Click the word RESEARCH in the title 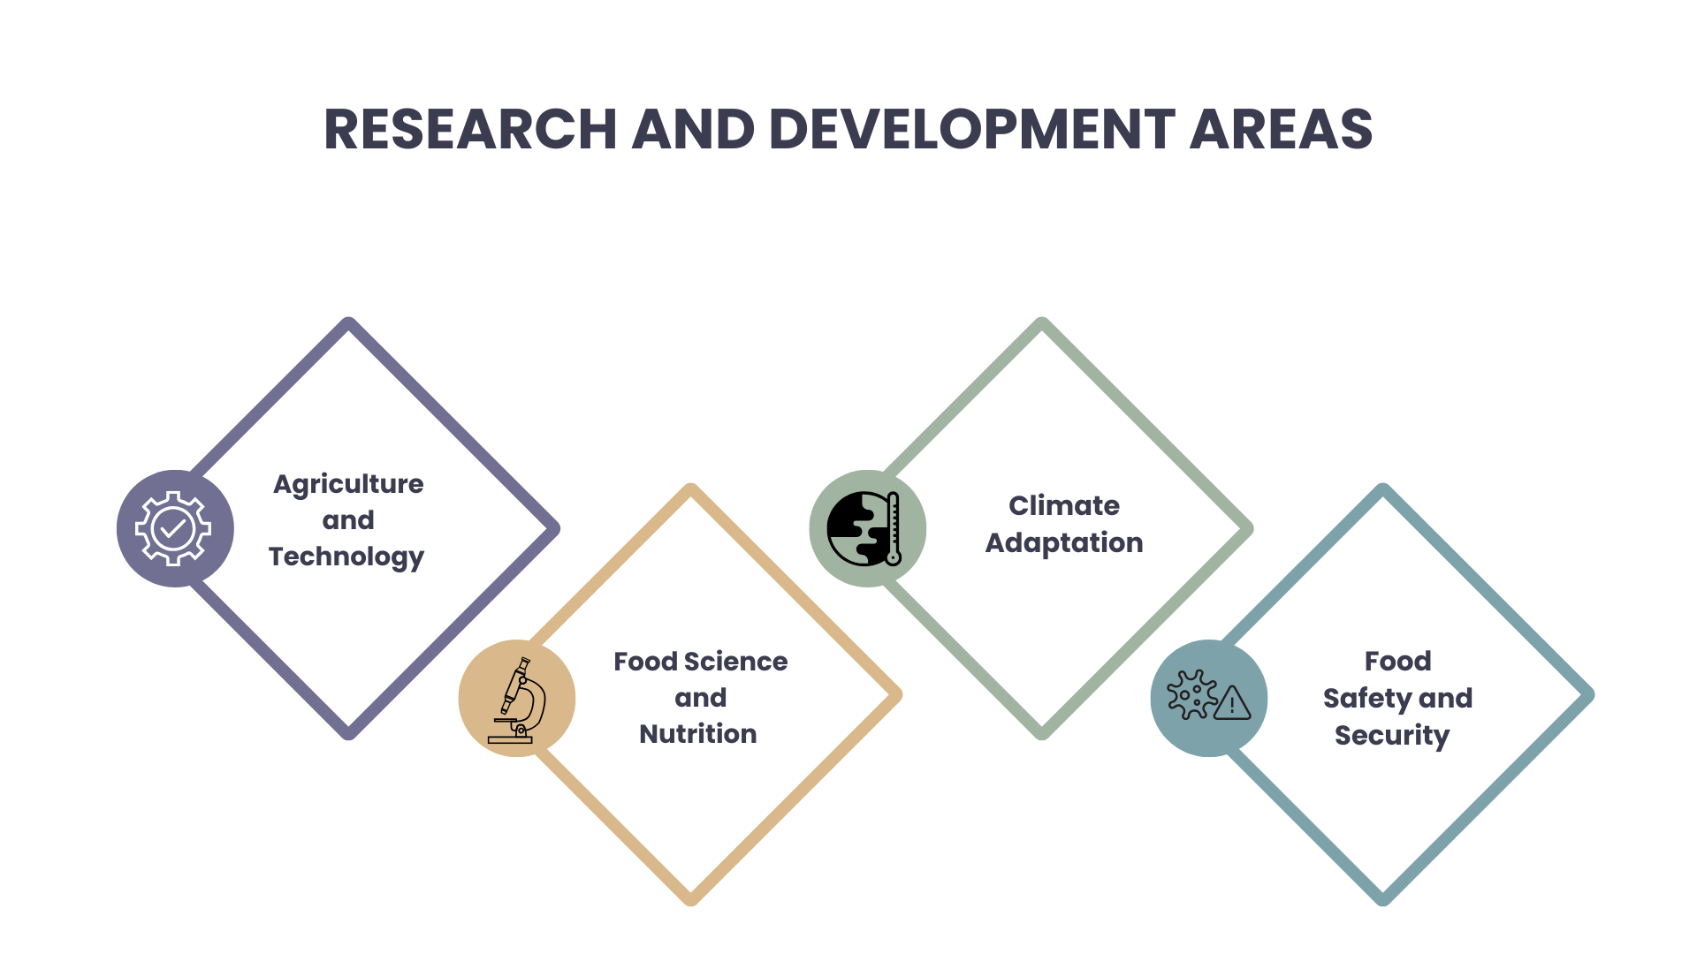tap(470, 129)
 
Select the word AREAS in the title tap(1282, 129)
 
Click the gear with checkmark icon tap(173, 528)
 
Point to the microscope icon tap(518, 700)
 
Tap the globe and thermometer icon tap(864, 528)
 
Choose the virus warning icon tap(1208, 695)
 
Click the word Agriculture tap(348, 485)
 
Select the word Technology tap(346, 557)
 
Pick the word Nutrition tap(698, 734)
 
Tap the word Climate tap(1064, 505)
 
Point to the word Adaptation tap(1064, 543)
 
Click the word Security tap(1392, 736)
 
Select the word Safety tap(1366, 699)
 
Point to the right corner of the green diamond tap(1250, 529)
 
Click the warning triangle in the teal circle tap(1232, 703)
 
